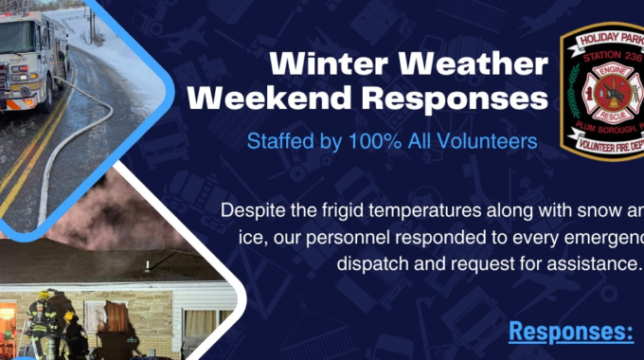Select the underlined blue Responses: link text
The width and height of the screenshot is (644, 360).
click(570, 331)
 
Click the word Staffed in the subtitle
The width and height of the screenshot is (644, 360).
click(277, 141)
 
